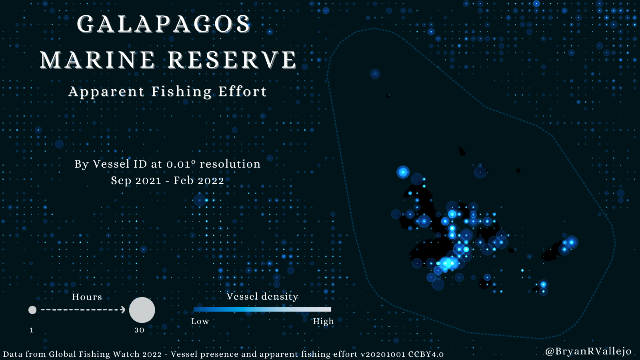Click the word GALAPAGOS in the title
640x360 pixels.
point(164,24)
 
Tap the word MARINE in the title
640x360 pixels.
point(97,60)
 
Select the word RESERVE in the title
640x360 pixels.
point(232,60)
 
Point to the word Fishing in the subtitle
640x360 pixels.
point(182,92)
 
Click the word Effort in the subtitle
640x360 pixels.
point(242,92)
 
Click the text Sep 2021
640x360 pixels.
point(136,181)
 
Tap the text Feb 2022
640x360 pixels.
point(198,180)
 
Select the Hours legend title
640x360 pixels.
point(87,297)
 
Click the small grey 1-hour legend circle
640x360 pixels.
point(32,310)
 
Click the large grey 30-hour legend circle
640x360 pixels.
point(142,310)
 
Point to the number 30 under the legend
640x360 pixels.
point(140,330)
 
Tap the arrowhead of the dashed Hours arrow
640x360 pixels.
point(123,310)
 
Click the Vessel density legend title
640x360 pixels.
point(262,296)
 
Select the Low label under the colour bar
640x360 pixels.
point(200,322)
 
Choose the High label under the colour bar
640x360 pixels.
point(323,322)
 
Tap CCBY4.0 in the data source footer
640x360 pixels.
point(426,354)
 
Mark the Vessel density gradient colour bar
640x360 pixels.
point(262,309)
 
